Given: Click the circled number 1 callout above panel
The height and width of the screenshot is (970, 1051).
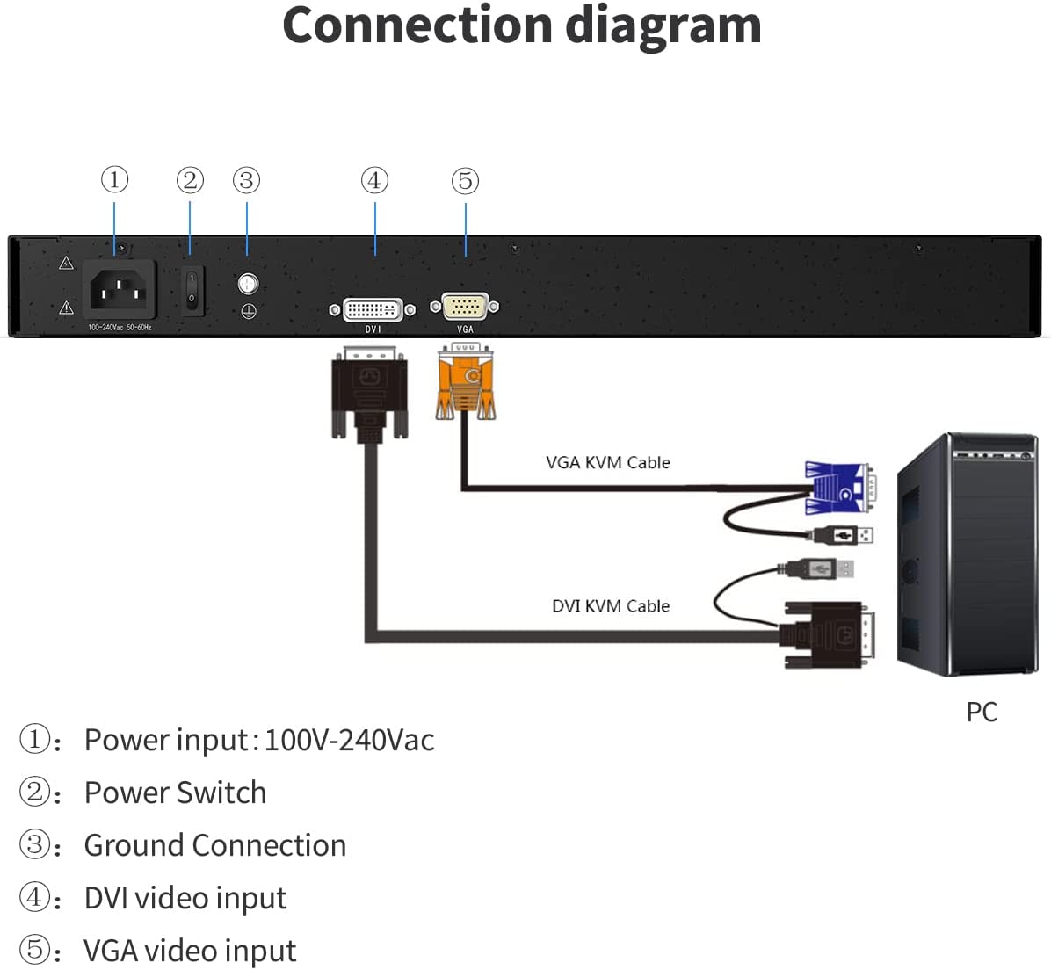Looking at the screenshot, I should [114, 180].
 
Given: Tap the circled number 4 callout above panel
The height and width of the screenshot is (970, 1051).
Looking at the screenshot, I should [375, 180].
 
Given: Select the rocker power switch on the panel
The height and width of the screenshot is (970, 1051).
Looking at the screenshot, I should [192, 291].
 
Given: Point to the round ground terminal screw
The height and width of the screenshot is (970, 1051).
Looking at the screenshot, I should [249, 284].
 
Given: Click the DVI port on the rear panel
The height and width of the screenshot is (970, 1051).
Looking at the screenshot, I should [373, 309].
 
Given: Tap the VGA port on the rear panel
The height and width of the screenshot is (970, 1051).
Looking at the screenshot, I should [465, 307].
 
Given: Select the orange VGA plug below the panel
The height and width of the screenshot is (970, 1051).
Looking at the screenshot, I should [465, 383].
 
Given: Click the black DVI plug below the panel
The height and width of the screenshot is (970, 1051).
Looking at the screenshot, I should [370, 391].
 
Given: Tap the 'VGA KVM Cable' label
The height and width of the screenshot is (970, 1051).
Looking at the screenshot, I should [607, 462].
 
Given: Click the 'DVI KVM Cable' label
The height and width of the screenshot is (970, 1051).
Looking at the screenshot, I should [610, 606].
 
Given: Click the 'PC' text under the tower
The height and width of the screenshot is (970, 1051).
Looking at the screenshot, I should [982, 712].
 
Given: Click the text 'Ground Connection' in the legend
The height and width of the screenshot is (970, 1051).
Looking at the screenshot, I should [215, 845].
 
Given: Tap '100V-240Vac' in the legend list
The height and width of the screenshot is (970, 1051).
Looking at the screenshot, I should [349, 740].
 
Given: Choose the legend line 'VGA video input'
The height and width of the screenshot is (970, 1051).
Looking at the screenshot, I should [190, 951].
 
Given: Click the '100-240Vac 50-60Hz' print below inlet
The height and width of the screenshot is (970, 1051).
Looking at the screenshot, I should [120, 327].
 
